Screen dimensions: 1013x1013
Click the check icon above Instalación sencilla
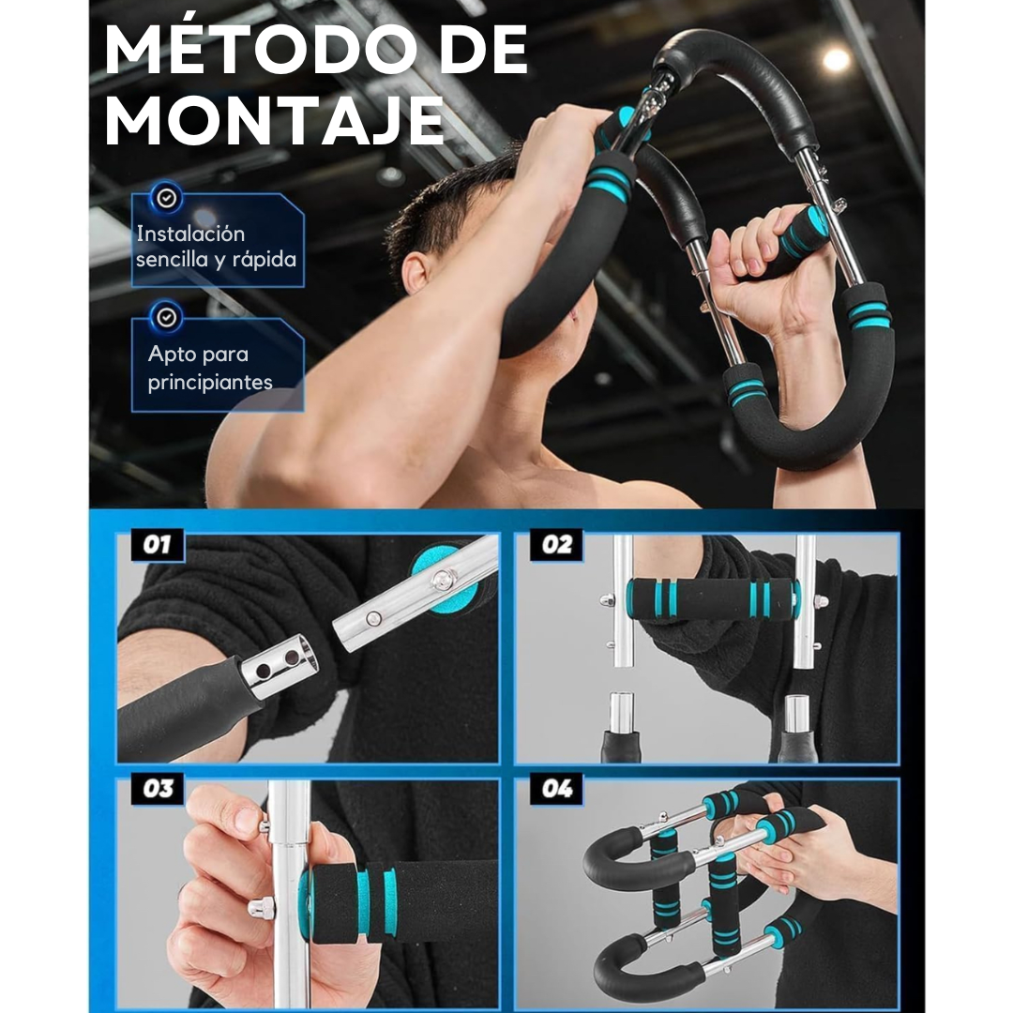tap(167, 198)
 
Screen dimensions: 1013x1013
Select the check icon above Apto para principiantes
tap(167, 317)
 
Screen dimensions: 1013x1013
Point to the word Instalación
tap(190, 234)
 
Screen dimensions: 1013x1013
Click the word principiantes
tap(211, 382)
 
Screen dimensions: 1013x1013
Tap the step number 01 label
tap(156, 545)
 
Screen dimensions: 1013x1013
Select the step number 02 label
tap(556, 545)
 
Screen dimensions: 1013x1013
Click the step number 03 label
tap(157, 789)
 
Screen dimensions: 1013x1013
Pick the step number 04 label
tap(556, 789)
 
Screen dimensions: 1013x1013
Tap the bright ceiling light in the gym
tap(836, 61)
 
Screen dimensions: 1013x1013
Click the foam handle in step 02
tap(713, 599)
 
